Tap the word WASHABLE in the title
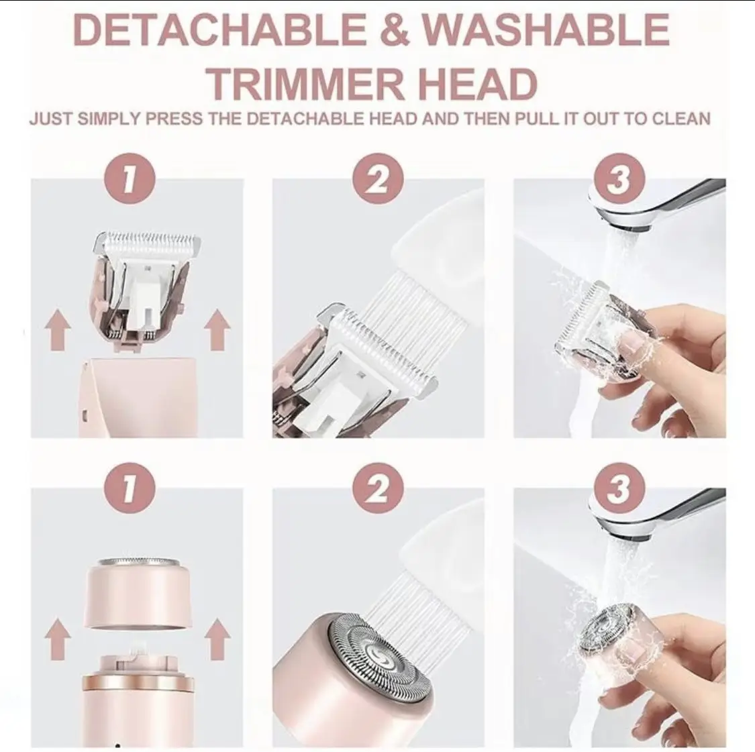pyautogui.click(x=546, y=30)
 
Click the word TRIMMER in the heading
pyautogui.click(x=306, y=84)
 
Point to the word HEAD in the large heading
pyautogui.click(x=477, y=84)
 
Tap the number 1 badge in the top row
pyautogui.click(x=130, y=178)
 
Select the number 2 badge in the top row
pyautogui.click(x=378, y=178)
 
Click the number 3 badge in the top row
pyautogui.click(x=619, y=178)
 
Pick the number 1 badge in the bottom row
pyautogui.click(x=130, y=488)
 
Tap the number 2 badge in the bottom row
pyautogui.click(x=378, y=488)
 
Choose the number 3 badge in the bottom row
pyautogui.click(x=619, y=488)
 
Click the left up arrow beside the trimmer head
pyautogui.click(x=58, y=330)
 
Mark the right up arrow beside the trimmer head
pyautogui.click(x=217, y=330)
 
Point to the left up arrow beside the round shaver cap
pyautogui.click(x=58, y=639)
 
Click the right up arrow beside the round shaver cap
pyautogui.click(x=217, y=639)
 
